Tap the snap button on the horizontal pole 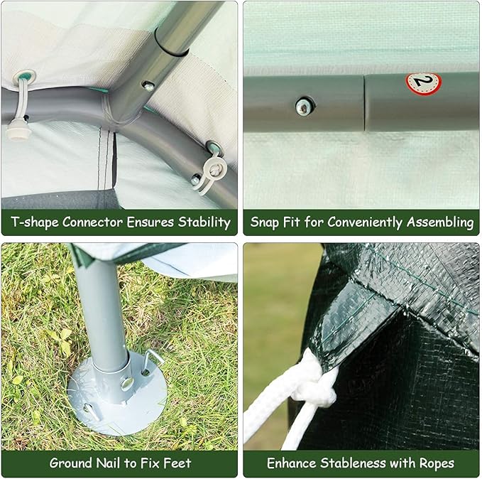tap(304, 107)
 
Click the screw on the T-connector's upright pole tap(148, 86)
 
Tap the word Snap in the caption tap(265, 222)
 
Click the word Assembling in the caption tap(440, 222)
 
